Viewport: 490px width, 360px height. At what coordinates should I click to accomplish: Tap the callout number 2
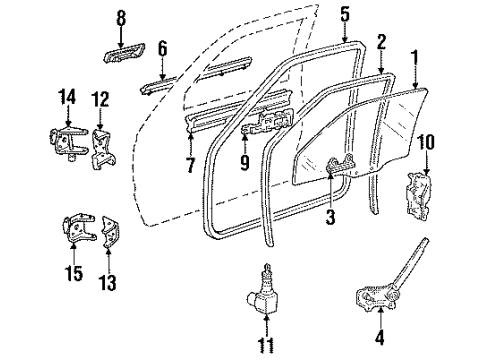[x=381, y=42]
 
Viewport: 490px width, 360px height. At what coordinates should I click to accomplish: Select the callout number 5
[x=345, y=14]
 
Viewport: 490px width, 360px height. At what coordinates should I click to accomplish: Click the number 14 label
[x=67, y=97]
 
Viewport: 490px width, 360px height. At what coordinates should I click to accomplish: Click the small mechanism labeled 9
[x=265, y=124]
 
